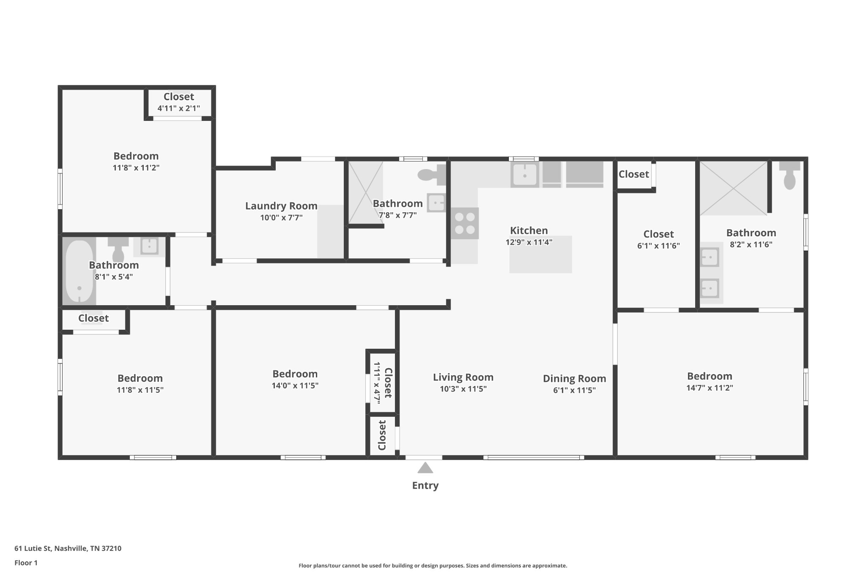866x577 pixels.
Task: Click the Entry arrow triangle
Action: (x=425, y=468)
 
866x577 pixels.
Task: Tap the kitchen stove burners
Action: (x=465, y=223)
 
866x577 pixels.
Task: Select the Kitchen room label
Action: (x=529, y=230)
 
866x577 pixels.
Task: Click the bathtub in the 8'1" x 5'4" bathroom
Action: (x=79, y=271)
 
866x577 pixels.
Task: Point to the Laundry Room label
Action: (x=281, y=206)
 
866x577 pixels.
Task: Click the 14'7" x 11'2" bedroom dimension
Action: (x=709, y=388)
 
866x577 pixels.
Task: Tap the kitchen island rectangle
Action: (x=540, y=254)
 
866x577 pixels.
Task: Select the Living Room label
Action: (x=463, y=377)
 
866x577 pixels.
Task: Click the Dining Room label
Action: (x=574, y=378)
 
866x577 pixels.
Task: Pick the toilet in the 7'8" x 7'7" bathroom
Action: (x=431, y=175)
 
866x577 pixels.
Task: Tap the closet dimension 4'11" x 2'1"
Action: (x=178, y=108)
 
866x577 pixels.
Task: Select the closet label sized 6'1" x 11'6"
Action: (x=658, y=234)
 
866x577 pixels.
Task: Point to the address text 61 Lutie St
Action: (x=68, y=548)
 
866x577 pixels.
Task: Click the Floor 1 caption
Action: (x=26, y=563)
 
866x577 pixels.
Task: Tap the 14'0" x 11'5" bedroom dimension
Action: (x=295, y=386)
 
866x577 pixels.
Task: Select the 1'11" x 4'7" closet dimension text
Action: (x=377, y=383)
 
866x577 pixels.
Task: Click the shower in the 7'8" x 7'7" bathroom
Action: (x=365, y=192)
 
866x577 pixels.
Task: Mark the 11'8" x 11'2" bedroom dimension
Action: (x=136, y=167)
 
